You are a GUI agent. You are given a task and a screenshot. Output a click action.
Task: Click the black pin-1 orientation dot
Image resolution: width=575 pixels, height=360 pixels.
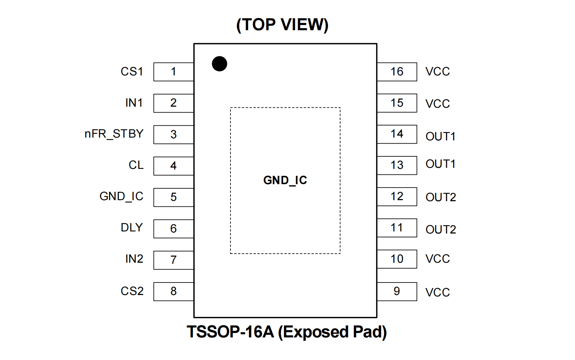pyautogui.click(x=219, y=64)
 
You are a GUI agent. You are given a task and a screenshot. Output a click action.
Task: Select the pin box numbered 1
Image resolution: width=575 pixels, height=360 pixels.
pyautogui.click(x=173, y=72)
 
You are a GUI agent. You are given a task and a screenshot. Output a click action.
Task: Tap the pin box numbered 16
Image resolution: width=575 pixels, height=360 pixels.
pyautogui.click(x=397, y=72)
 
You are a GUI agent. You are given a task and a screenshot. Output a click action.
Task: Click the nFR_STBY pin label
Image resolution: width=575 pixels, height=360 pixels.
pyautogui.click(x=114, y=134)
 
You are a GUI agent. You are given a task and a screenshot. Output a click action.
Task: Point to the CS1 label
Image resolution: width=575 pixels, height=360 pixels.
pyautogui.click(x=132, y=72)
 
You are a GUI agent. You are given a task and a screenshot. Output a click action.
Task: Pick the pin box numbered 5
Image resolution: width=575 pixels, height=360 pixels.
pyautogui.click(x=173, y=197)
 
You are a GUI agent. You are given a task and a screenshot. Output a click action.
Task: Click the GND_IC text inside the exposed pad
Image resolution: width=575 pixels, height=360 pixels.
pyautogui.click(x=285, y=180)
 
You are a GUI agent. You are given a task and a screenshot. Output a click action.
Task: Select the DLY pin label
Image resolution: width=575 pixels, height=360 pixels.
pyautogui.click(x=132, y=228)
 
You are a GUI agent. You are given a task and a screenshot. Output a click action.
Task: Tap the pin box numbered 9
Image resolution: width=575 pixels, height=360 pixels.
pyautogui.click(x=397, y=292)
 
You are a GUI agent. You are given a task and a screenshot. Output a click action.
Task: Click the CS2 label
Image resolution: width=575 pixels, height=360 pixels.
pyautogui.click(x=132, y=291)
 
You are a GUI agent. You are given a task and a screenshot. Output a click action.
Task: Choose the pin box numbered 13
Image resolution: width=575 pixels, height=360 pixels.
pyautogui.click(x=397, y=165)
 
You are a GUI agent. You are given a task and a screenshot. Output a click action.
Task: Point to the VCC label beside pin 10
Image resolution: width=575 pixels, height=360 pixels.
pyautogui.click(x=438, y=259)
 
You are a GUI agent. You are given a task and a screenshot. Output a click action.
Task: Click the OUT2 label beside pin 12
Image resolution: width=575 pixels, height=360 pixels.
pyautogui.click(x=440, y=197)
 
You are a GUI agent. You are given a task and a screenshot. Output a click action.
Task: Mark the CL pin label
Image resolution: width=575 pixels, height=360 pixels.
pyautogui.click(x=136, y=165)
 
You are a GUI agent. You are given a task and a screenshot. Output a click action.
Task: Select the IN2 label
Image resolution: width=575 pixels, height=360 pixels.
pyautogui.click(x=134, y=259)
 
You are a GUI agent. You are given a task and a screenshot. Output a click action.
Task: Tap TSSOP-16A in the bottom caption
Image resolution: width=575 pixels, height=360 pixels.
pyautogui.click(x=230, y=332)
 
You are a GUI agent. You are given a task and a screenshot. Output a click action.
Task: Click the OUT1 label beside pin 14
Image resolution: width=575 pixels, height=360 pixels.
pyautogui.click(x=440, y=137)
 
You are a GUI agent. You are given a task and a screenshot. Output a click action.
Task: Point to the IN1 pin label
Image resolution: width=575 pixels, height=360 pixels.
pyautogui.click(x=134, y=103)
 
